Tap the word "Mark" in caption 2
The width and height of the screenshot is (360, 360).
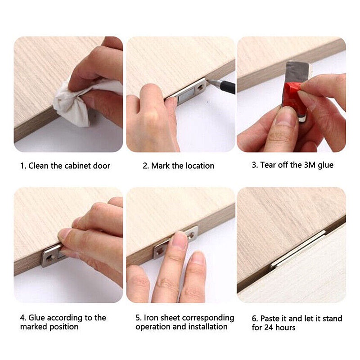tap(161, 166)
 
